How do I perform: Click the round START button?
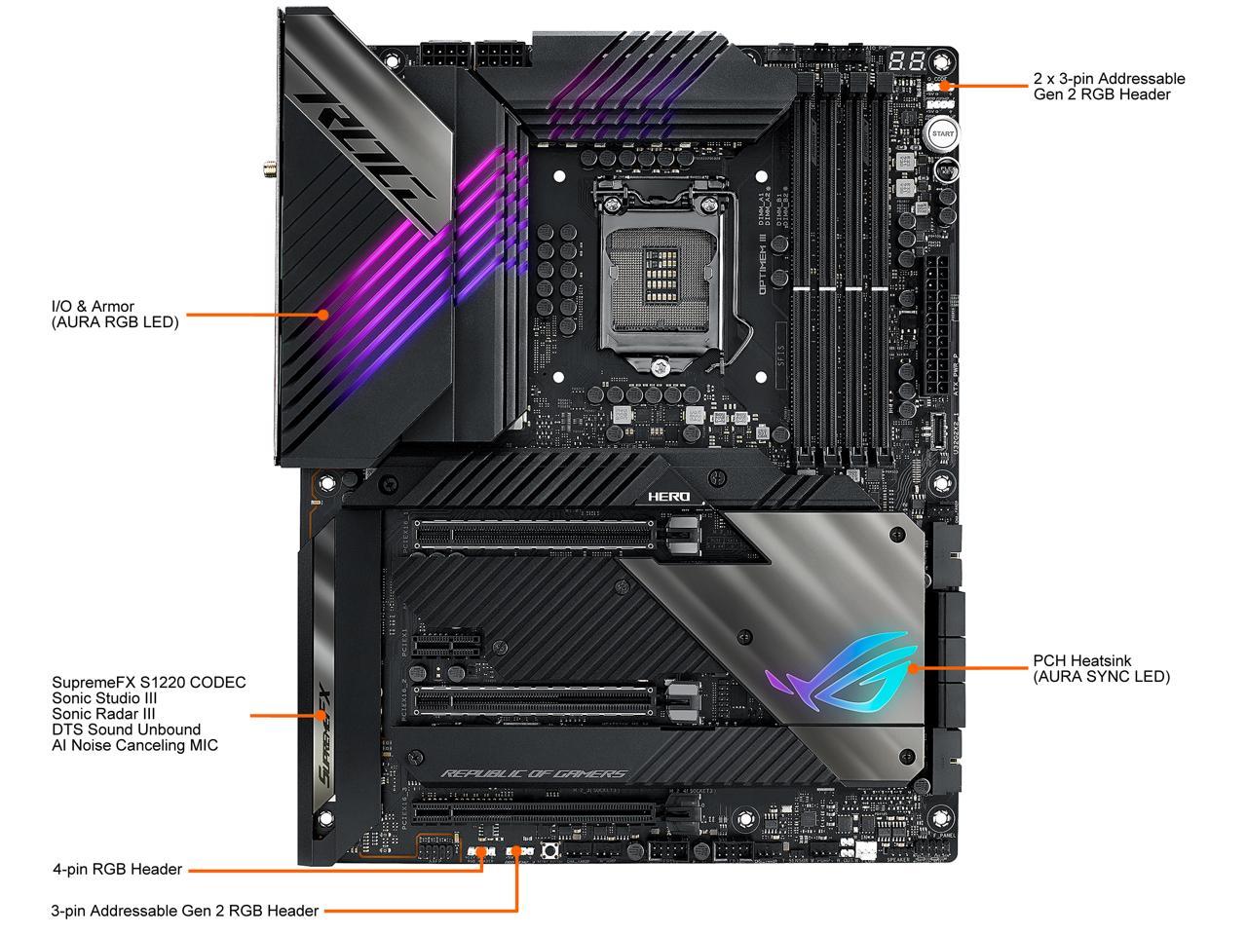942,133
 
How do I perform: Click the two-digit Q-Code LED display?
906,60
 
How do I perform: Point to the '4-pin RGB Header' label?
117,869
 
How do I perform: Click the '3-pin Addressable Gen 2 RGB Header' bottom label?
185,911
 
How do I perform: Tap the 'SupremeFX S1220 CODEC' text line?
149,682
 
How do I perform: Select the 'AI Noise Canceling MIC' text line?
135,745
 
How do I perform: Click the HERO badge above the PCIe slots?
669,497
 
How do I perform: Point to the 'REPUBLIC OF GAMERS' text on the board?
534,774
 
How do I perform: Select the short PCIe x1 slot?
448,644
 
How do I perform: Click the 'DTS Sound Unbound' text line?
127,729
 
